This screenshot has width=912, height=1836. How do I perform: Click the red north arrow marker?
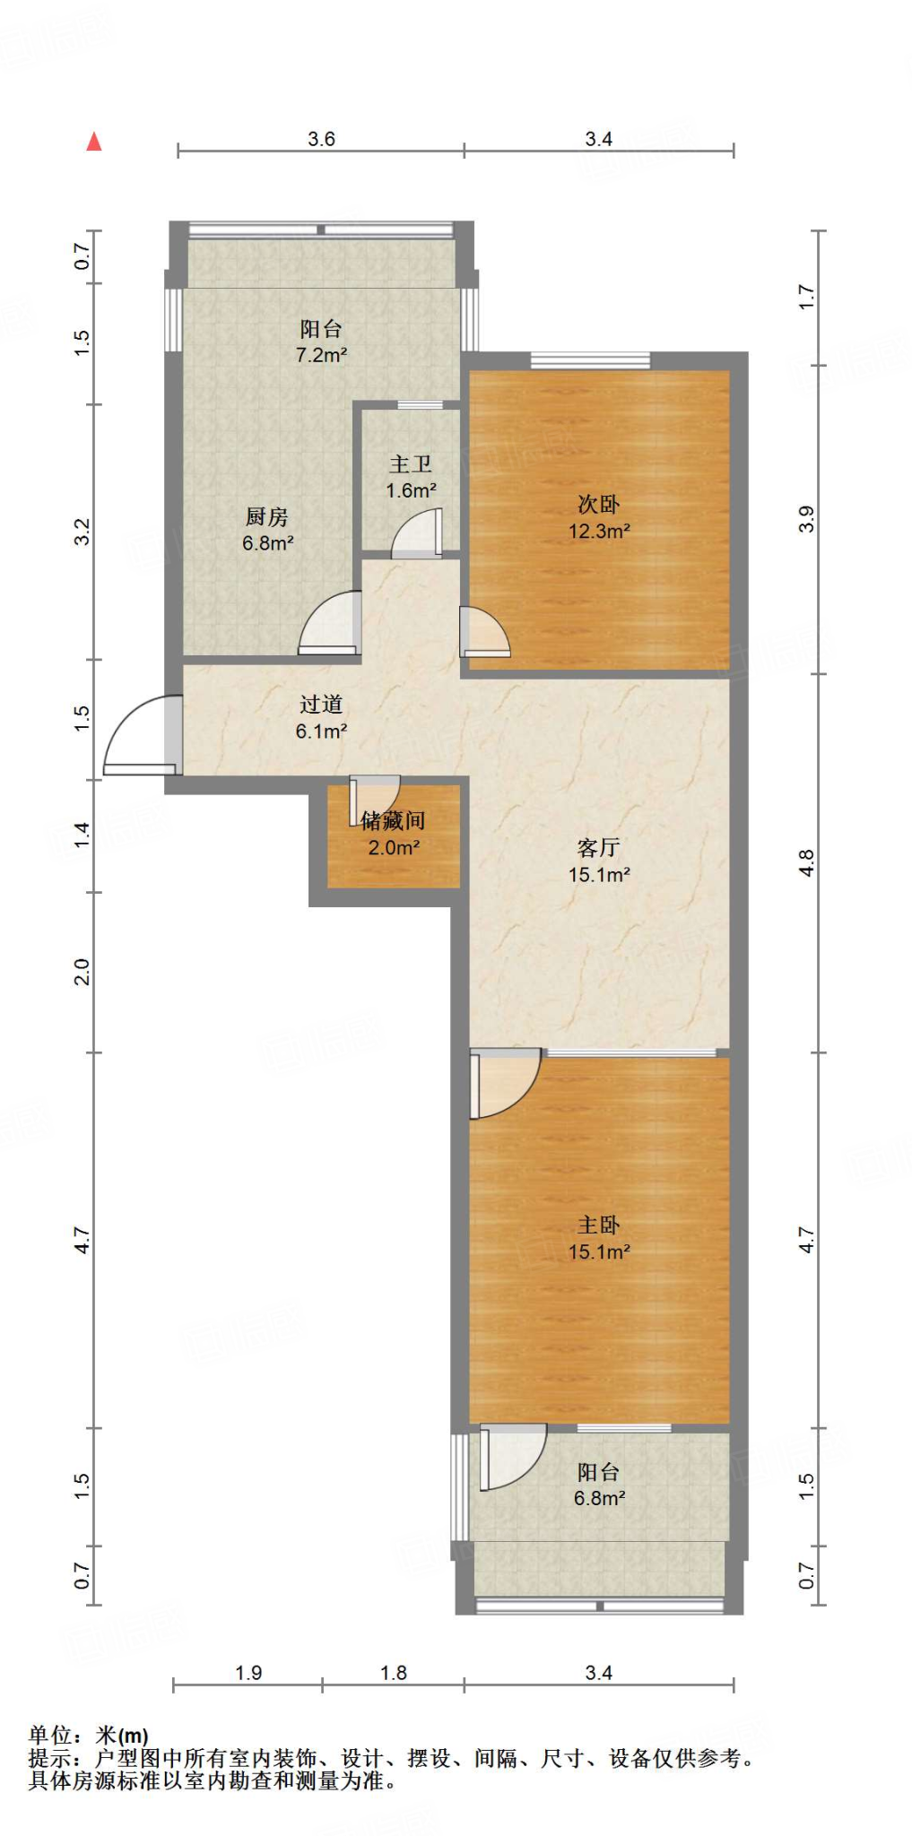pos(94,142)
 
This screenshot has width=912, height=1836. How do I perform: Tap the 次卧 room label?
pos(599,504)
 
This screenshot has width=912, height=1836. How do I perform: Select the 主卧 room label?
pos(599,1225)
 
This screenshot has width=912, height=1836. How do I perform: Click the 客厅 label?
pos(599,847)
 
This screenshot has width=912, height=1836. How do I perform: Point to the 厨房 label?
pos(267,516)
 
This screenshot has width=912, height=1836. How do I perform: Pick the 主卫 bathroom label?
pos(411,463)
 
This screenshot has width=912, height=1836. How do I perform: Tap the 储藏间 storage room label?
pos(393,820)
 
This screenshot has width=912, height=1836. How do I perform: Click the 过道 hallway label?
pos(321,705)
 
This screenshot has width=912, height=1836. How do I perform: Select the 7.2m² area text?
pos(321,355)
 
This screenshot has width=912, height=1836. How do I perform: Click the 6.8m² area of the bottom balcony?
pos(599,1498)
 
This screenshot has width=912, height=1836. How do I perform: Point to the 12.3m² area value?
pos(599,531)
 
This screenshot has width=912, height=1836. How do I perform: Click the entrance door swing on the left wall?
pos(141,734)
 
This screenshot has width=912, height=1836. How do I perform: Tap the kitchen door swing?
pos(330,622)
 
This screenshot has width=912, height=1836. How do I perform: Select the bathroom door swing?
pos(417,533)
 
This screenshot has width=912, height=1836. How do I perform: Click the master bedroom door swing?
pos(505,1084)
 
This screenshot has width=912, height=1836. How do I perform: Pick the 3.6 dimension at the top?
pos(321,139)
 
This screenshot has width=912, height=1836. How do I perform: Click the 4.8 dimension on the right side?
pos(806,863)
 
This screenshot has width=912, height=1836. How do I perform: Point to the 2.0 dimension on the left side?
pos(82,972)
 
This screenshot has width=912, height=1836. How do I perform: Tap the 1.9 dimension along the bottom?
pos(248,1673)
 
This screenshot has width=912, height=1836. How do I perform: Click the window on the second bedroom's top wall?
pos(590,360)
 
